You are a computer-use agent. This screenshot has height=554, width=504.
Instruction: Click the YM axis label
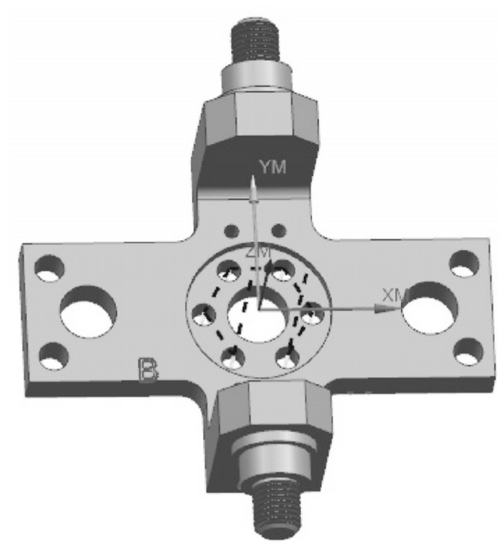(x=272, y=167)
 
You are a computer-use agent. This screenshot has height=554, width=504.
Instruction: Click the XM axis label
(x=396, y=295)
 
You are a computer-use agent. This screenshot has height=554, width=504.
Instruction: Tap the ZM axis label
(x=259, y=252)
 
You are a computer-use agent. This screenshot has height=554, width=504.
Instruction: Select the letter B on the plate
(x=147, y=370)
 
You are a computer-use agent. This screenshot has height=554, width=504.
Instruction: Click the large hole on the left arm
(x=88, y=312)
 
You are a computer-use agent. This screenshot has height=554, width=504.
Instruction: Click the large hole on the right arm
(x=430, y=308)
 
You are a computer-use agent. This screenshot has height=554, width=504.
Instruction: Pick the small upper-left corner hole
(x=50, y=268)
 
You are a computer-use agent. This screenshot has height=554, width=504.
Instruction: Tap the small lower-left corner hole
(x=53, y=356)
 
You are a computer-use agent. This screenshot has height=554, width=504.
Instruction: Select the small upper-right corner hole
(x=464, y=263)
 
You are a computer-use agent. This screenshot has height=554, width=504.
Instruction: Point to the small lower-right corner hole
(x=469, y=352)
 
